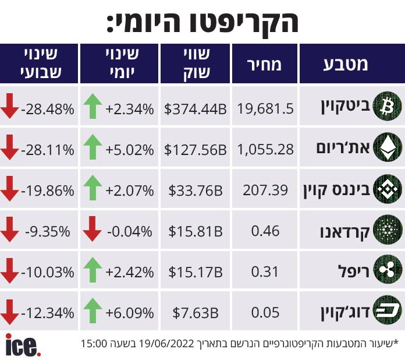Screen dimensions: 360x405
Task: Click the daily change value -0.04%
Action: pos(129,231)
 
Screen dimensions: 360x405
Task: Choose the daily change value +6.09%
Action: pos(129,313)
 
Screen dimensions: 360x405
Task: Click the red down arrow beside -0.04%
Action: pos(92,230)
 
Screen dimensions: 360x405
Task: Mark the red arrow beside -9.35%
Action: pos(9,230)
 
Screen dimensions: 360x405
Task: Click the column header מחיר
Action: pos(265,63)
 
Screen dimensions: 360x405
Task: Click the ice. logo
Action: pos(23,344)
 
